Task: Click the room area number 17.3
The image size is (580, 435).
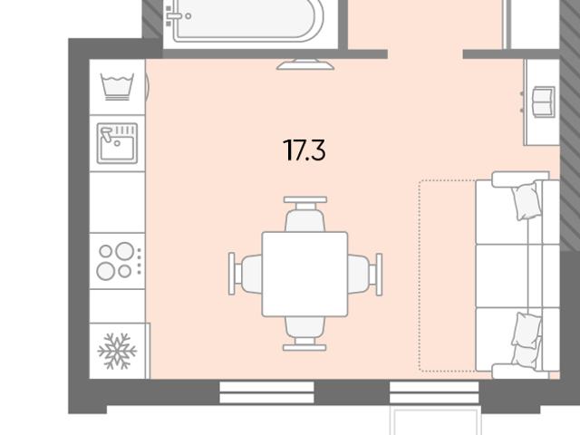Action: point(304,150)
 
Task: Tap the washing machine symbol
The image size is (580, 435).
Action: point(117,87)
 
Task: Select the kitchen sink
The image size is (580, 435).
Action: point(117,143)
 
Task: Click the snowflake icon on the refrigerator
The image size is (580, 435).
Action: point(117,351)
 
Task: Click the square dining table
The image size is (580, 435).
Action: point(304,274)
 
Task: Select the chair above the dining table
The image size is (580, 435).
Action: point(305,214)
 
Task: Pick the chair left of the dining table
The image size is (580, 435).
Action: point(246,274)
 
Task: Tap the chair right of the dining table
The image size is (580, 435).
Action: point(364,274)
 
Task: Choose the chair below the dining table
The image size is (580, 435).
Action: point(304,333)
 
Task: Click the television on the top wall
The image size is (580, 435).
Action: point(305,64)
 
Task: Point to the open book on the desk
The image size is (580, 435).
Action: point(544,101)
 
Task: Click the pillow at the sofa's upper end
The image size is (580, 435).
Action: point(525,201)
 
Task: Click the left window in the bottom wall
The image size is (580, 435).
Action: point(266,392)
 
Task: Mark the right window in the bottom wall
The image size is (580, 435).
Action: point(434,392)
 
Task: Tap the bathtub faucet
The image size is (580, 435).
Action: point(175,16)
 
